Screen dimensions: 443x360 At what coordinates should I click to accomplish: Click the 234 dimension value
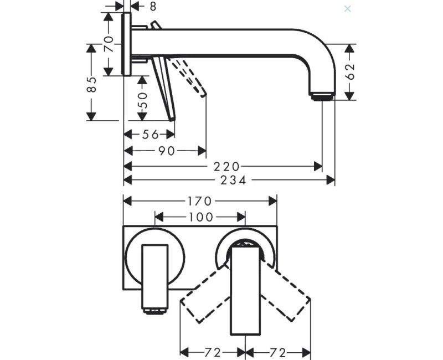[x=233, y=180]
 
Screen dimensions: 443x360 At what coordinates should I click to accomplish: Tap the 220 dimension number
[x=226, y=167]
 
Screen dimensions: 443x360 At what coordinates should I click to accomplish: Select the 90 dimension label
[x=167, y=151]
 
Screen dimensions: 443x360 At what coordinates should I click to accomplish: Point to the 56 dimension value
[x=151, y=135]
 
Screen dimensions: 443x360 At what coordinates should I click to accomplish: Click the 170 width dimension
[x=199, y=201]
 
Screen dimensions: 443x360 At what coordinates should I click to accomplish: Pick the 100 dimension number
[x=200, y=217]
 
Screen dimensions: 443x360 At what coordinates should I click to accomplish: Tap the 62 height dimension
[x=350, y=72]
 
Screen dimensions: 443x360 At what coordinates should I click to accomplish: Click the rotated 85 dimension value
[x=91, y=84]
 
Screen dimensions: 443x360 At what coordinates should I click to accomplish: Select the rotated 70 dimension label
[x=109, y=44]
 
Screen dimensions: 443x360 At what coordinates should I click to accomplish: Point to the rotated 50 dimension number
[x=142, y=100]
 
